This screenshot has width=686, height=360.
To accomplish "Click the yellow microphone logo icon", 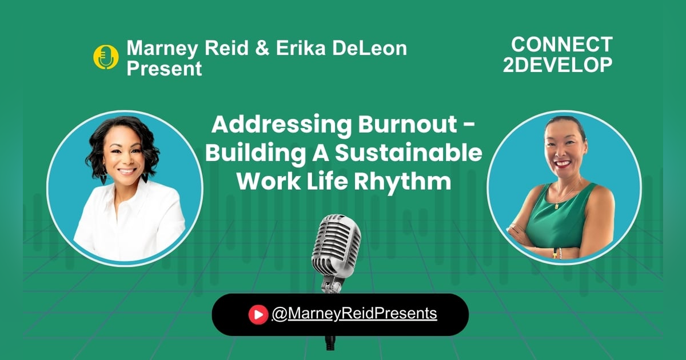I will coord(106,57).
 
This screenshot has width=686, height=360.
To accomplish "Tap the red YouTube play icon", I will coord(258,314).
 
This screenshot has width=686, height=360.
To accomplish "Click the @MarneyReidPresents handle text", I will coord(354,314).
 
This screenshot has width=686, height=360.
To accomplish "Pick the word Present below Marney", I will coord(164,69).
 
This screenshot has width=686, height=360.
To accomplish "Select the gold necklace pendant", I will coord(557,205).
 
